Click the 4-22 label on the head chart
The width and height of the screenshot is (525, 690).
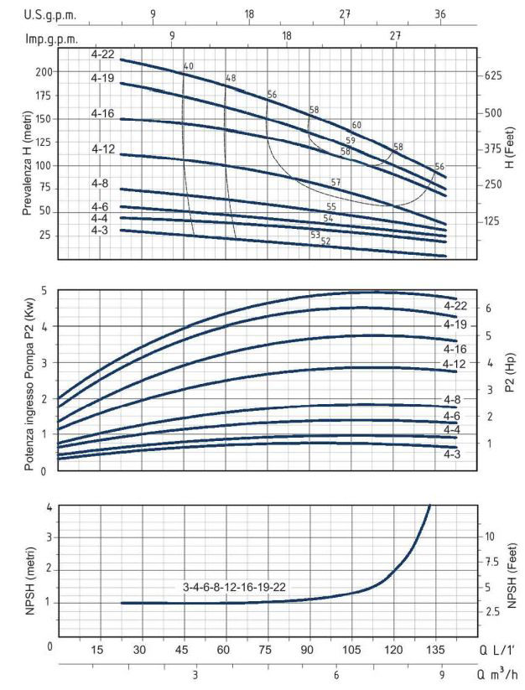point(103,54)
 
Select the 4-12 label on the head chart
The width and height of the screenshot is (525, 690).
point(103,148)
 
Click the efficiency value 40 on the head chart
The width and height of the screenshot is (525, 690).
point(188,66)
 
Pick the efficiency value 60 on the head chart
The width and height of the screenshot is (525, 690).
point(356,125)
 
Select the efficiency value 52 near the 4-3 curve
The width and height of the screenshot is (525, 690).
point(325,241)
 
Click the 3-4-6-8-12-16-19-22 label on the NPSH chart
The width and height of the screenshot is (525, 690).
point(235,587)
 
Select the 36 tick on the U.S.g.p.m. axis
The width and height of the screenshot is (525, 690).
point(440,14)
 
